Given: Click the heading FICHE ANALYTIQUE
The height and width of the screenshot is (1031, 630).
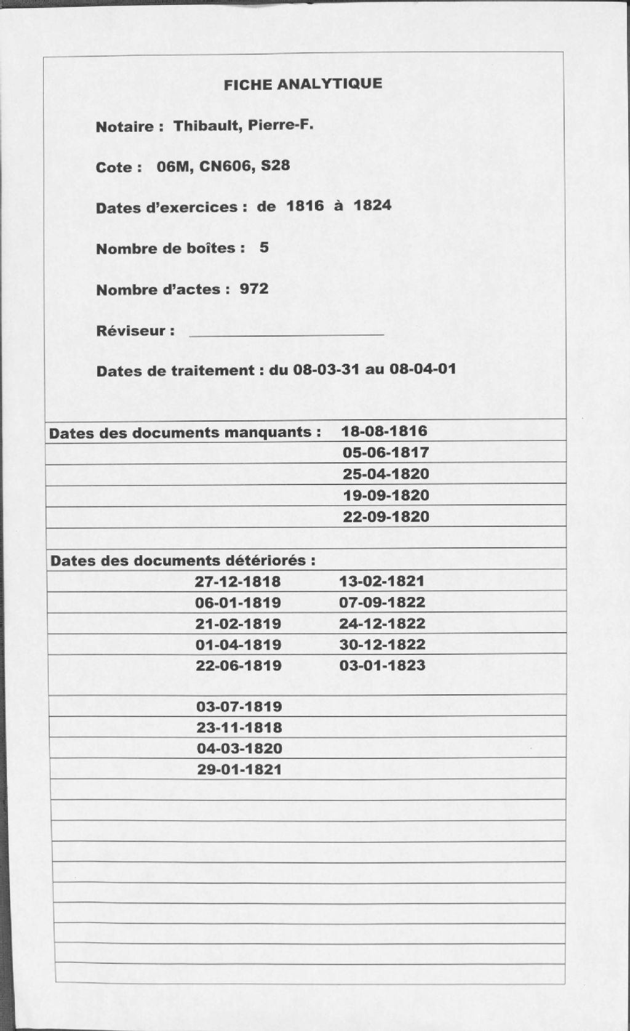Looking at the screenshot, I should (x=303, y=84).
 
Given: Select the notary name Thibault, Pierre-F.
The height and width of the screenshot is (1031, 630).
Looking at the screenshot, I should (x=244, y=126).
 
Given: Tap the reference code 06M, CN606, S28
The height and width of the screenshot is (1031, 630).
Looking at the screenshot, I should (x=223, y=166).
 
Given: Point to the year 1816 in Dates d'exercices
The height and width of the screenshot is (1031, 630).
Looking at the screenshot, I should (x=305, y=206).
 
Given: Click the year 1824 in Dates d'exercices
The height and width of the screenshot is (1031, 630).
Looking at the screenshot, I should (x=372, y=205).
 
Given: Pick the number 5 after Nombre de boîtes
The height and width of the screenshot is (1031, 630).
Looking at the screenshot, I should (x=264, y=247).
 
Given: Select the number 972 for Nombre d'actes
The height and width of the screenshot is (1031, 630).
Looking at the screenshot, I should (x=254, y=289).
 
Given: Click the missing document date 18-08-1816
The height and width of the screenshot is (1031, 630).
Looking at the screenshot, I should (x=385, y=431).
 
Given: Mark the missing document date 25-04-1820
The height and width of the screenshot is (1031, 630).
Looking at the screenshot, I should (x=386, y=474).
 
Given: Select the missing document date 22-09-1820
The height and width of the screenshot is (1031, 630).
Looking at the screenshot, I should (x=386, y=516).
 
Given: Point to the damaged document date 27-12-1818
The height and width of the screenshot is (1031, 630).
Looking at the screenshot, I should (x=238, y=582).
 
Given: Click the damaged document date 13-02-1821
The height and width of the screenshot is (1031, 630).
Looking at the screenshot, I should (x=382, y=581).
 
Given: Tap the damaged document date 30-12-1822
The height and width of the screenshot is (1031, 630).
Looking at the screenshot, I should (x=382, y=644).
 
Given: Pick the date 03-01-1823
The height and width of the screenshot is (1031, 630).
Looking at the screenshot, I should (x=382, y=665).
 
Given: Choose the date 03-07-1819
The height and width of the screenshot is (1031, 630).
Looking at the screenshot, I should (x=239, y=707).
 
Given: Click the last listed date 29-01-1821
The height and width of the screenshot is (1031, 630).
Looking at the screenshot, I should (x=239, y=769).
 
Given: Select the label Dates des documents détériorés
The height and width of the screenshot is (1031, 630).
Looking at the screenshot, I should (x=183, y=561).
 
